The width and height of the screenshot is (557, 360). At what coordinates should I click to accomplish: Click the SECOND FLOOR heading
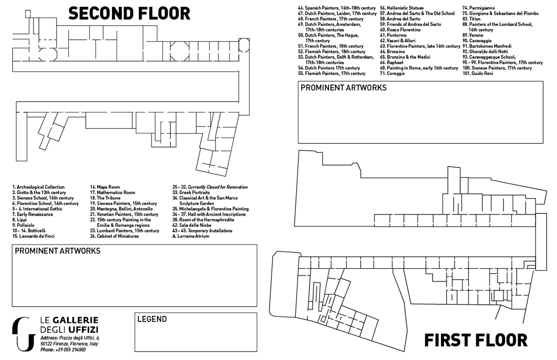130,13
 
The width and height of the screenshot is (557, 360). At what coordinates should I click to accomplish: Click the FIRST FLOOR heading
476,340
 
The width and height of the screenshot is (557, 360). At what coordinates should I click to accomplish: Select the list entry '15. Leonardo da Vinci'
33,236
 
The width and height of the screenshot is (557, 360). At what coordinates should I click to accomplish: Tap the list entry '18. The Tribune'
105,198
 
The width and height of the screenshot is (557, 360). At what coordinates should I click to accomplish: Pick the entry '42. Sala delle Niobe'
192,225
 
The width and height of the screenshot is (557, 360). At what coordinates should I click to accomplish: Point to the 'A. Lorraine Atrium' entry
191,236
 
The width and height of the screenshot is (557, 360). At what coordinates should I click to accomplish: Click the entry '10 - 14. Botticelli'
29,231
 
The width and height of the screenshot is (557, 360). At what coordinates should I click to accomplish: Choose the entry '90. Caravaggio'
477,41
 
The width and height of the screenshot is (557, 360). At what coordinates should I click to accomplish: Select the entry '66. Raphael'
392,63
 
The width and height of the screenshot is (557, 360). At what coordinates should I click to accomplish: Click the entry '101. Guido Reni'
478,74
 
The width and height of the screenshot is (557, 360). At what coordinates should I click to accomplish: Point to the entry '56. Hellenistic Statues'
402,8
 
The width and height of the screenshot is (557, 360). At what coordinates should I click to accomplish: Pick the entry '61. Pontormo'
394,35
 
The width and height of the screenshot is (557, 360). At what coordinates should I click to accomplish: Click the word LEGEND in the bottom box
152,319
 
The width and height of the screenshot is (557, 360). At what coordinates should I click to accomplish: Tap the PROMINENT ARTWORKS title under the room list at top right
343,88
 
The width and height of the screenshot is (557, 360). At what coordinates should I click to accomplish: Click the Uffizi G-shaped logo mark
24,334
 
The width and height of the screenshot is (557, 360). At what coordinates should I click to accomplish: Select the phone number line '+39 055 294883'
63,350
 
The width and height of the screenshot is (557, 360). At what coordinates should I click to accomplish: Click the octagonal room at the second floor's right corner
244,45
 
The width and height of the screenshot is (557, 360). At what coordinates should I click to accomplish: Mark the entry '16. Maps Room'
105,187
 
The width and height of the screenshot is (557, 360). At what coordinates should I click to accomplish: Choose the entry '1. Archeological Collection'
39,187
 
